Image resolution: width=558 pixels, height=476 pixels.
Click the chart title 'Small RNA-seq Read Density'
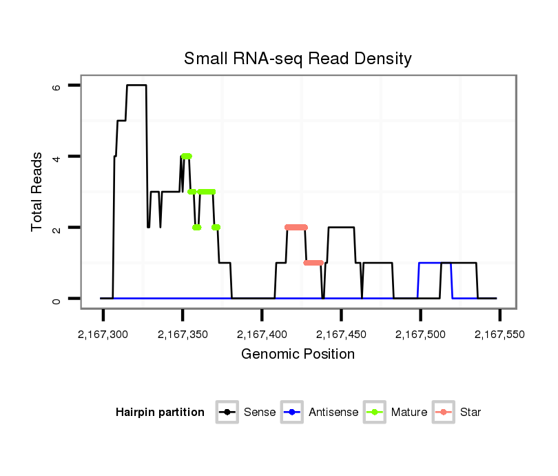click(298, 59)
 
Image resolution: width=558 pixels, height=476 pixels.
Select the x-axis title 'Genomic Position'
click(298, 355)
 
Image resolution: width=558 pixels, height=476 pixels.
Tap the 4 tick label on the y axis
click(56, 157)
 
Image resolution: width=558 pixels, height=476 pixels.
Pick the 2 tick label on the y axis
click(56, 228)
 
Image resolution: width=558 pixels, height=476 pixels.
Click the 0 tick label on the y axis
click(56, 299)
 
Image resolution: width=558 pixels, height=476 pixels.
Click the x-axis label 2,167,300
click(103, 335)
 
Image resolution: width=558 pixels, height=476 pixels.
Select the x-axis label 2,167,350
click(183, 335)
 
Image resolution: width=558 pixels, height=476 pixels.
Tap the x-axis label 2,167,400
click(262, 335)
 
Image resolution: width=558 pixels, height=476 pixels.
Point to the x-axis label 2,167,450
click(341, 335)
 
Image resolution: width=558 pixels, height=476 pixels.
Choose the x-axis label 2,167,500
click(420, 335)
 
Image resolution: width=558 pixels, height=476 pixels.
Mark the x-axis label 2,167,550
click(499, 335)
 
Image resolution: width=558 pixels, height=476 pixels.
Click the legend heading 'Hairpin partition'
click(160, 413)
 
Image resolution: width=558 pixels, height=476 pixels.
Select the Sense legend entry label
click(260, 413)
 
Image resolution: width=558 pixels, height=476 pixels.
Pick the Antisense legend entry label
click(333, 413)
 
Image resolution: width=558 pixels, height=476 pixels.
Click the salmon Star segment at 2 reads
click(296, 227)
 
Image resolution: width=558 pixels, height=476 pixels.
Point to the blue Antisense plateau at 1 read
click(430, 263)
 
